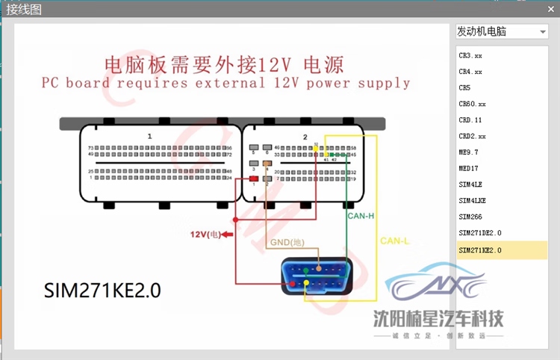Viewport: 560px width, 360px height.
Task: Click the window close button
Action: (x=548, y=9)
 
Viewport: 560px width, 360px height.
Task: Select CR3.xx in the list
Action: (x=470, y=56)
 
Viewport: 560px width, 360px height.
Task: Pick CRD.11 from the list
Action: (x=470, y=120)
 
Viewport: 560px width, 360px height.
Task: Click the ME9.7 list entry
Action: (x=470, y=152)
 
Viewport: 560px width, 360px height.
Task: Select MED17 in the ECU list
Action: (x=469, y=169)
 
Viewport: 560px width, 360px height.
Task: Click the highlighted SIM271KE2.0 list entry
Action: (x=479, y=250)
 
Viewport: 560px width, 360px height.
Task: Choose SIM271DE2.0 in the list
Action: (x=479, y=233)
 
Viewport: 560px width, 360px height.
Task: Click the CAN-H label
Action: (x=361, y=216)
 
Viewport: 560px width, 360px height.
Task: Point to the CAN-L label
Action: (x=393, y=240)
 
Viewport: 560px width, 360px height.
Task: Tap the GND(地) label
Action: (x=287, y=243)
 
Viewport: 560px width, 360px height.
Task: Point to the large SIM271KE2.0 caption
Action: (x=102, y=290)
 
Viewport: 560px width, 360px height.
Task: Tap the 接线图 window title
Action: (x=24, y=9)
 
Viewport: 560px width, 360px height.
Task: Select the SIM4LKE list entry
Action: (x=473, y=200)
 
